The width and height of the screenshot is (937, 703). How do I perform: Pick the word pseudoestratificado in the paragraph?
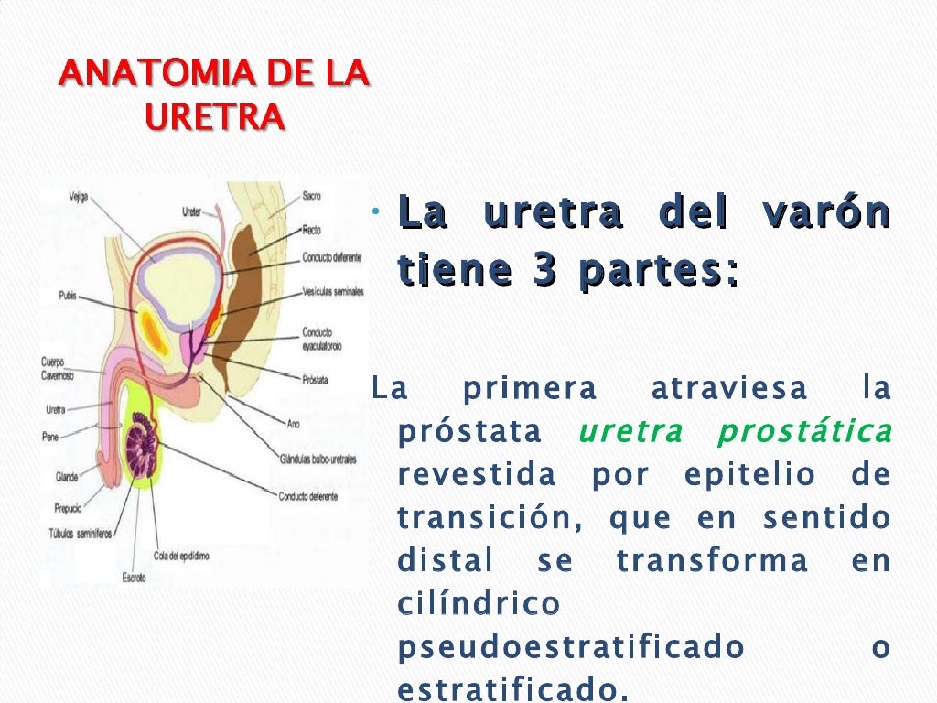tap(571, 648)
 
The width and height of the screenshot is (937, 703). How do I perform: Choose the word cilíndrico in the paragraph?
tap(479, 604)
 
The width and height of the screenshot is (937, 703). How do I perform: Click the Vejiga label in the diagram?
tap(79, 197)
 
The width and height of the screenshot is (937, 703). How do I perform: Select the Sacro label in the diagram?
tap(312, 196)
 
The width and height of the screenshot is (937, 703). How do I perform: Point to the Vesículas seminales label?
tap(333, 292)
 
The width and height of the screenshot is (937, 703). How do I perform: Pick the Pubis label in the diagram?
tap(66, 296)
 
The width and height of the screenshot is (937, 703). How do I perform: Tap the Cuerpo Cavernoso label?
tap(58, 368)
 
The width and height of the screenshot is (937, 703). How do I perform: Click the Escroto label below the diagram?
tap(134, 578)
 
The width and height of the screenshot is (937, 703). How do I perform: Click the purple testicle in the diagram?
tap(143, 446)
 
